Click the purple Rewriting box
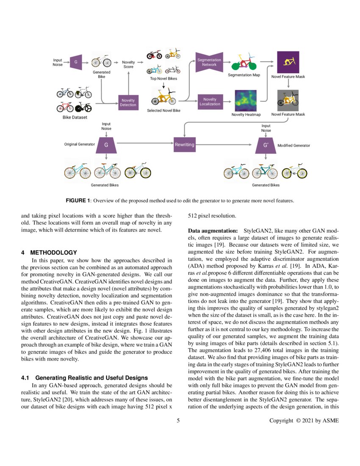184,145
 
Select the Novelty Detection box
128,103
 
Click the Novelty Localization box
210,102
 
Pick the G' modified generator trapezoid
266,145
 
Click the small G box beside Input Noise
75,62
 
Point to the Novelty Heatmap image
246,100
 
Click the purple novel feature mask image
288,62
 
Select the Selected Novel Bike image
163,98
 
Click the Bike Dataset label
75,117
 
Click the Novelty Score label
128,64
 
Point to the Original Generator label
79,145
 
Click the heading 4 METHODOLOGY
49,252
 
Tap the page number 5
179,420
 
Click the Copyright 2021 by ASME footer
304,420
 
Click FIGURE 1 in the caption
78,200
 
